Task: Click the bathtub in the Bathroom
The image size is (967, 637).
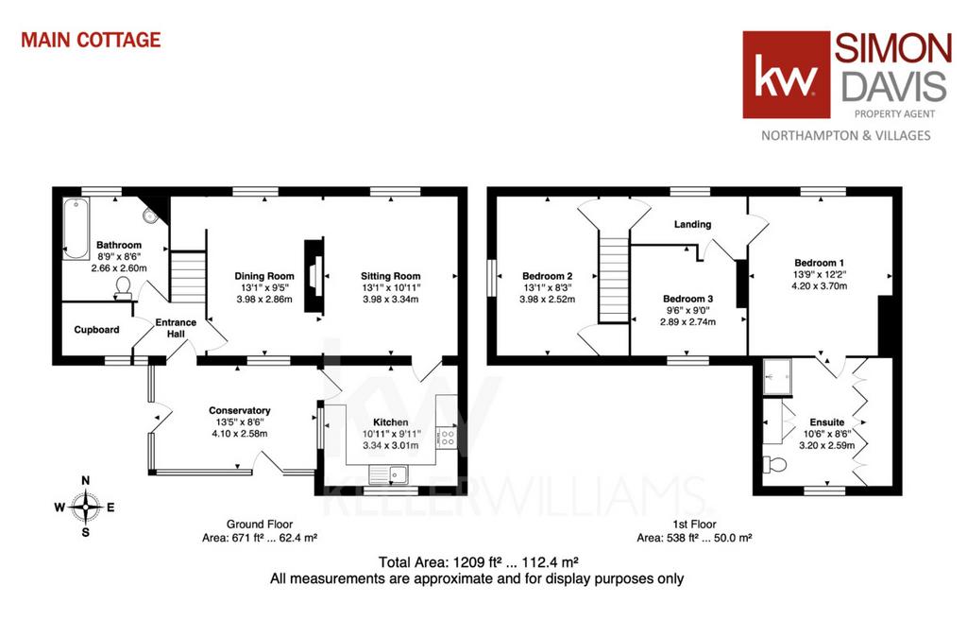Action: tap(76, 229)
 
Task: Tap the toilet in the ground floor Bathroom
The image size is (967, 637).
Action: tap(124, 288)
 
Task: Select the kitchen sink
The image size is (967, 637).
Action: tap(388, 474)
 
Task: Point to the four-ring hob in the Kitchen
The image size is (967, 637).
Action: tap(447, 439)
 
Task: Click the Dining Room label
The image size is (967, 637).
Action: tap(264, 276)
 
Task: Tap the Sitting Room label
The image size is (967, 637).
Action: tap(390, 276)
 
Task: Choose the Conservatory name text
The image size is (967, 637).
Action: tap(239, 410)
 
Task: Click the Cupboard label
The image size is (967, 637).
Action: tap(96, 330)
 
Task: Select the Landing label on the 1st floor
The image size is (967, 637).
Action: tap(692, 224)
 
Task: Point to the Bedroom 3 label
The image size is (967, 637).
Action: tap(687, 299)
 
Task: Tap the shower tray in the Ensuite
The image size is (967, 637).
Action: tap(777, 376)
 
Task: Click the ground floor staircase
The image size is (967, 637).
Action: tap(188, 277)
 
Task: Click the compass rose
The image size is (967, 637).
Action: tap(86, 507)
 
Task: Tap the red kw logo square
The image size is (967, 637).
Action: tap(787, 75)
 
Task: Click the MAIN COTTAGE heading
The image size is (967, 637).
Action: tap(91, 40)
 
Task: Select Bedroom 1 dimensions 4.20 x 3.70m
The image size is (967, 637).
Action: tap(819, 285)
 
